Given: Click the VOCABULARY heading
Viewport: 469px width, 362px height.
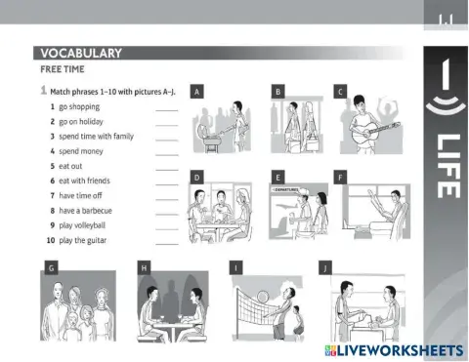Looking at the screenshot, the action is (81, 53).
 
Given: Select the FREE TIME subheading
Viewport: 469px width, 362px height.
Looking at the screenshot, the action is (63, 69).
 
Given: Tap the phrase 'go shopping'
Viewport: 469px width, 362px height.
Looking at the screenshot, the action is (79, 107).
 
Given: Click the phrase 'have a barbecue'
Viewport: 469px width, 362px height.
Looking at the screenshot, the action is (85, 211).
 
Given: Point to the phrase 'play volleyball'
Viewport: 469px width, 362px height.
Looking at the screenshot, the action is (82, 225).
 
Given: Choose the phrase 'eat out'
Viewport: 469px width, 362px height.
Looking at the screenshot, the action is (70, 166).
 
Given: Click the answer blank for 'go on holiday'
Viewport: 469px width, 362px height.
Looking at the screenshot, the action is (167, 125).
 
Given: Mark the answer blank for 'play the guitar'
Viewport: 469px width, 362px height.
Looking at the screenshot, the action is (167, 244).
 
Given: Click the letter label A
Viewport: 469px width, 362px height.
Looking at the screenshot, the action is (196, 92).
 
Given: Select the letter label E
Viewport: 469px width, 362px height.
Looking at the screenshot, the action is (277, 178).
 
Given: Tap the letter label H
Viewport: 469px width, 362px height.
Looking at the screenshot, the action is (144, 268).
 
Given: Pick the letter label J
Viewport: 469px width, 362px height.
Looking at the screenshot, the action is (325, 268).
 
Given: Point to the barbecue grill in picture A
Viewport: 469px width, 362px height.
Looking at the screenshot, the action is (208, 138).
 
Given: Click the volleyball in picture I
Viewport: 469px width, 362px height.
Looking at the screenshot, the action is (263, 297).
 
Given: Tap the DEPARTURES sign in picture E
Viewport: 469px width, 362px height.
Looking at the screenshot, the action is (285, 189).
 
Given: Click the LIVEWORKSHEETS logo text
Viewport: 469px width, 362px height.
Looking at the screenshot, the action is (400, 350).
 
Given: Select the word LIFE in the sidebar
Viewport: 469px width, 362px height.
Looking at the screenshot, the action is (448, 166).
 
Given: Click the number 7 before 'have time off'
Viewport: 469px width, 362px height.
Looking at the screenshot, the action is (53, 195).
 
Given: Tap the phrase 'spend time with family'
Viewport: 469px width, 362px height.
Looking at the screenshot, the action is (96, 137).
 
